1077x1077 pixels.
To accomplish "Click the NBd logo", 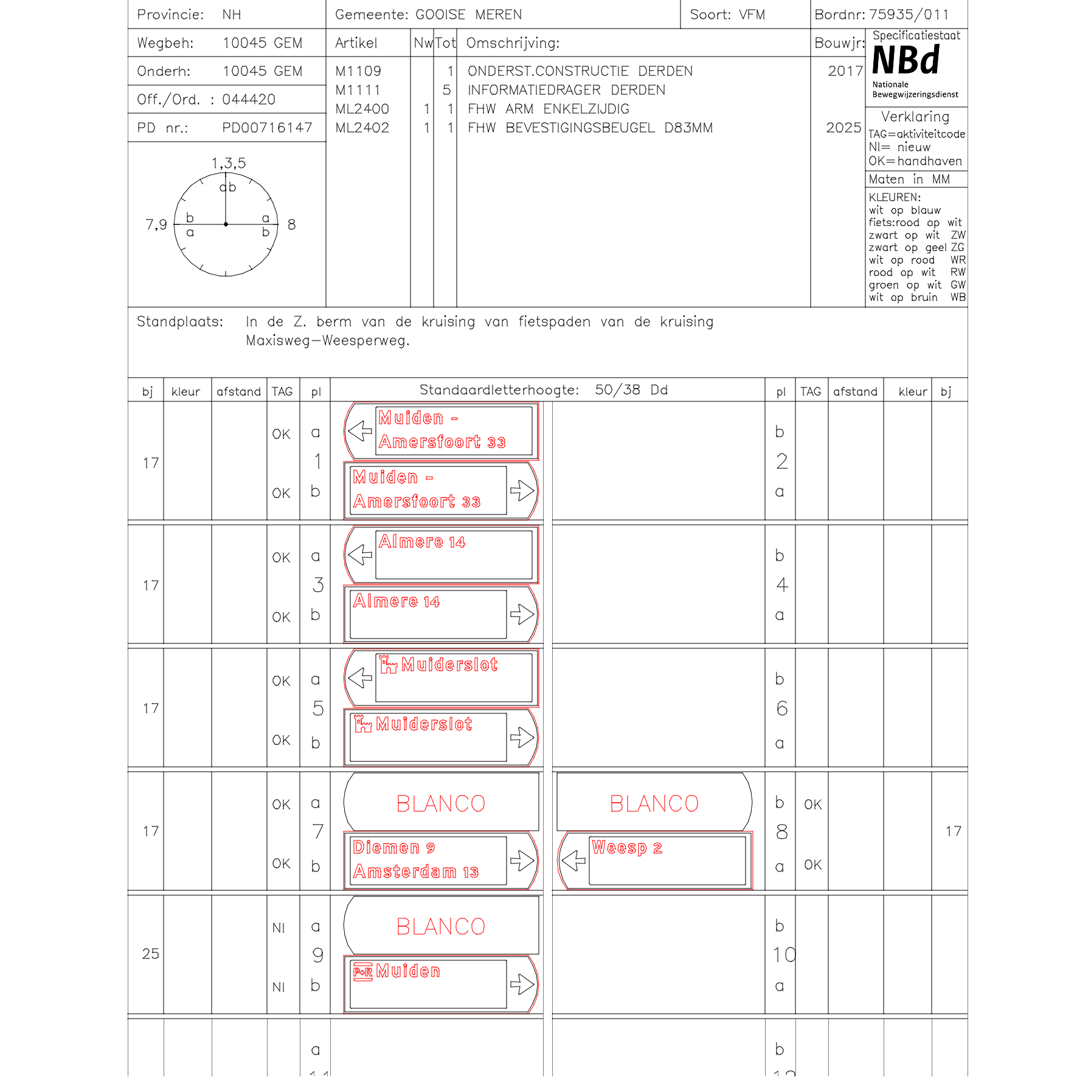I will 906,61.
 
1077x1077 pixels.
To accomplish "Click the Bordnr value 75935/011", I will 909,15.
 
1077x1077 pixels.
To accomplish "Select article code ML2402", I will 362,128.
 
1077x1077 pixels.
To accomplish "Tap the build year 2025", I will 843,128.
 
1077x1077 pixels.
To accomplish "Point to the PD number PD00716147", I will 267,128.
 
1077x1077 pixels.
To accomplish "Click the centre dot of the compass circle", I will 226,224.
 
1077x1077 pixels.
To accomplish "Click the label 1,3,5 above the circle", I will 229,163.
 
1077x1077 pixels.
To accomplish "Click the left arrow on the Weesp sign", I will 573,861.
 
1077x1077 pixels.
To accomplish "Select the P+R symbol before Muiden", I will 363,972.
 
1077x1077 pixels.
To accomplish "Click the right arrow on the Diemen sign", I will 522,861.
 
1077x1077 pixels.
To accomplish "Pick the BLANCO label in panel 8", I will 654,803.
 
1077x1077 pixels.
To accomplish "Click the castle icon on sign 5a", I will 388,665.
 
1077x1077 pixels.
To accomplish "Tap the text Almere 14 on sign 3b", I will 396,601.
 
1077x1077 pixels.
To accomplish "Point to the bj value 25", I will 150,954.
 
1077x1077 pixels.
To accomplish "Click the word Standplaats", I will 179,322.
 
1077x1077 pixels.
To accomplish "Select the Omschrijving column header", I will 513,43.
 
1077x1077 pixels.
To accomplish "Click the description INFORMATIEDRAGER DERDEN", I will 566,90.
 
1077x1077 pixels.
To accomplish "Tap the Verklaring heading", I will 915,117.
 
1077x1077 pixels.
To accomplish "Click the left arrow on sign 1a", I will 360,431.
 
